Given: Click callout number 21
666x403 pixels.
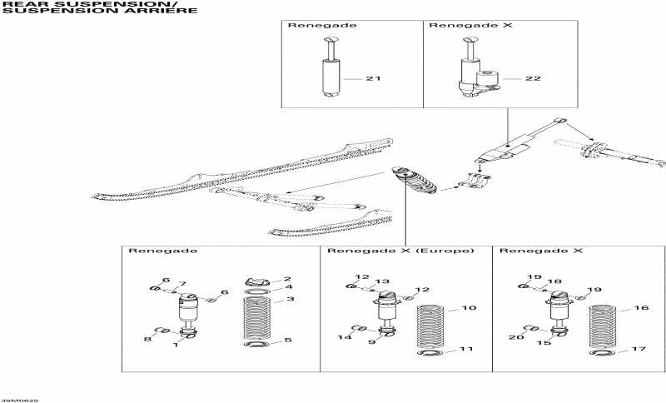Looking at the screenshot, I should [373, 79].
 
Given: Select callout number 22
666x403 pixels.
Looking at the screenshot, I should [533, 79].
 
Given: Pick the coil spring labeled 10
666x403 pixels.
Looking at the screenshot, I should [430, 326].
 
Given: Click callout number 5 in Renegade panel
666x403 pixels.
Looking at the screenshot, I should [288, 341].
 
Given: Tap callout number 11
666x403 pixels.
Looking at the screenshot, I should [466, 349].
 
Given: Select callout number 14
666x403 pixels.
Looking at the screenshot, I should [341, 337].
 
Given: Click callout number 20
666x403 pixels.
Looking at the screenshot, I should [514, 337].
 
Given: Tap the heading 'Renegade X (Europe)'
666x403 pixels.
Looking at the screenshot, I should [400, 251].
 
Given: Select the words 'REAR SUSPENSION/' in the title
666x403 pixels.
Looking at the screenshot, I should [50, 4].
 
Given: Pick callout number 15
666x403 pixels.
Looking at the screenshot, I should [544, 343].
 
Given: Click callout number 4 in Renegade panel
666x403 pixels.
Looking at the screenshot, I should [288, 288].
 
